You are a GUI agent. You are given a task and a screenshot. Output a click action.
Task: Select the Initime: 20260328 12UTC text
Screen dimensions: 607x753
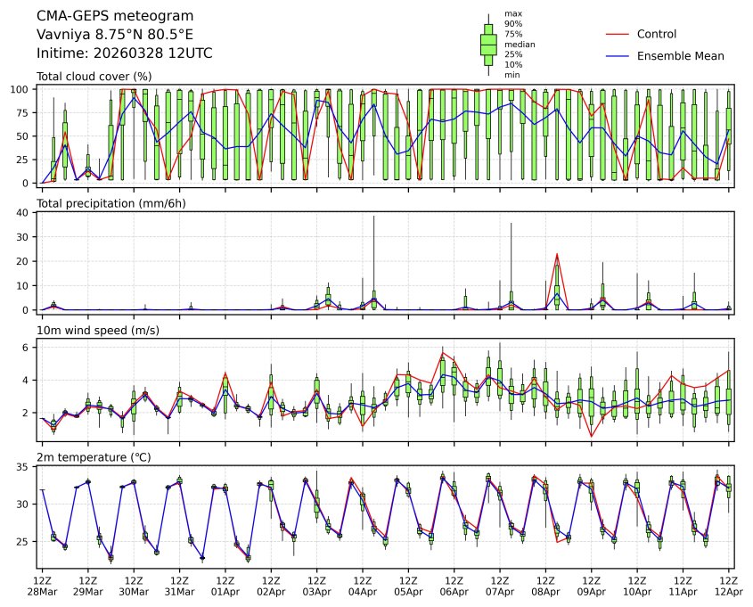tap(124, 53)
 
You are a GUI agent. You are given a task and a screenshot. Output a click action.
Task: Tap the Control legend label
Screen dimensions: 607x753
tap(657, 35)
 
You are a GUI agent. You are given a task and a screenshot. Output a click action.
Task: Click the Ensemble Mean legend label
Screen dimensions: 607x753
tap(680, 56)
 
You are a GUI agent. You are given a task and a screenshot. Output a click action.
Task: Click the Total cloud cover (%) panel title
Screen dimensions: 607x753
tap(94, 77)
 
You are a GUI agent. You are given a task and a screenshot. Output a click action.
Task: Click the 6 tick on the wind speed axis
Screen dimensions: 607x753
tap(28, 348)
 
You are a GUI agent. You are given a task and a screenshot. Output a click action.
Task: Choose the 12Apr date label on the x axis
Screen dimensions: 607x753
tap(729, 592)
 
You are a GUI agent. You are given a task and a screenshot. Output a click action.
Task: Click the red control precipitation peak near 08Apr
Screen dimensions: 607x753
tap(557, 255)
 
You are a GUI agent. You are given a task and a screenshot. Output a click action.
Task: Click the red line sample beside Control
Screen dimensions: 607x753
tap(618, 35)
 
